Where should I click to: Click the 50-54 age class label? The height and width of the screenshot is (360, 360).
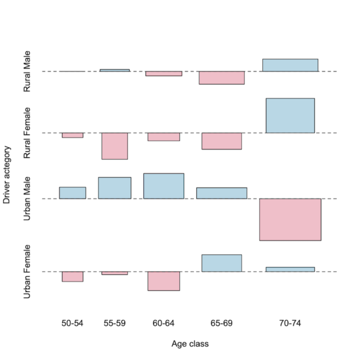(73, 323)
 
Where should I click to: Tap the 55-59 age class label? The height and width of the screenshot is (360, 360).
(114, 323)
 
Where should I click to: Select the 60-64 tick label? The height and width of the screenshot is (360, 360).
(163, 323)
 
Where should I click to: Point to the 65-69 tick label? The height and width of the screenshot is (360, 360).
(221, 323)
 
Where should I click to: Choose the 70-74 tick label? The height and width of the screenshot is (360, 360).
(290, 323)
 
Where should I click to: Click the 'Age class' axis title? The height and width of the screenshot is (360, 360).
(190, 344)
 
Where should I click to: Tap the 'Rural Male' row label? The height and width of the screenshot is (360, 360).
(28, 71)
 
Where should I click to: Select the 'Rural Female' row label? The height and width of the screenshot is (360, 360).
(28, 133)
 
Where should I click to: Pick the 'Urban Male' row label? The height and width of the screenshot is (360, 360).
(28, 199)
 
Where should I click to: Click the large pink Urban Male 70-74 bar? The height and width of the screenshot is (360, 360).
(290, 220)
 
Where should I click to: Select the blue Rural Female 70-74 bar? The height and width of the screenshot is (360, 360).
(290, 115)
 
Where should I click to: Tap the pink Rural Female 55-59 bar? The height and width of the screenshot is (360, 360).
(115, 146)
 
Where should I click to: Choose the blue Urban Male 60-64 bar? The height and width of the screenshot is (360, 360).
(164, 186)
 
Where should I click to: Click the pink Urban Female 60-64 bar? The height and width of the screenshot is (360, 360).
(164, 281)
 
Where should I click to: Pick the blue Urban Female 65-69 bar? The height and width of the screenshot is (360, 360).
(221, 263)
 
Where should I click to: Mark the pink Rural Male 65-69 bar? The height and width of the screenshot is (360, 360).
(221, 77)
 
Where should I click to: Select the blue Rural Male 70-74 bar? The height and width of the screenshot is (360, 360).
(290, 65)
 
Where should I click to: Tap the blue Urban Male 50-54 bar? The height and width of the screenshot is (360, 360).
(73, 193)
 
